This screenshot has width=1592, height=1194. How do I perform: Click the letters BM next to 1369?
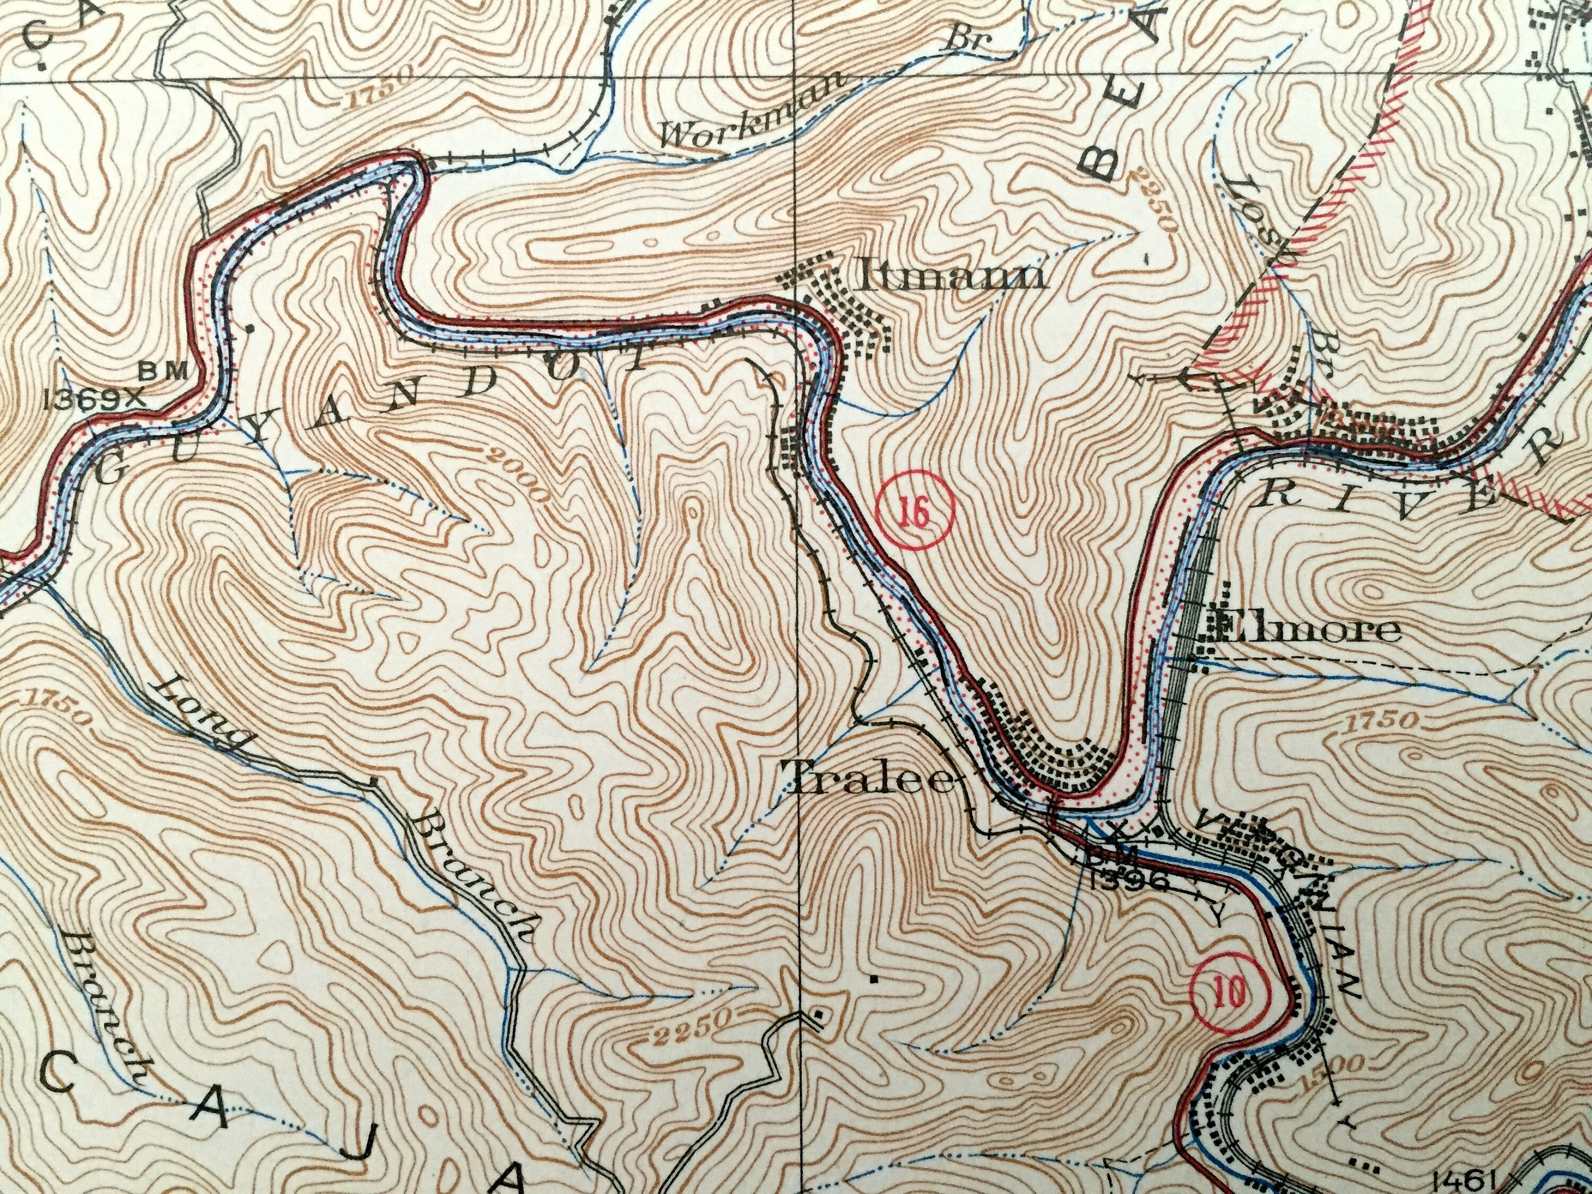tap(163, 371)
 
